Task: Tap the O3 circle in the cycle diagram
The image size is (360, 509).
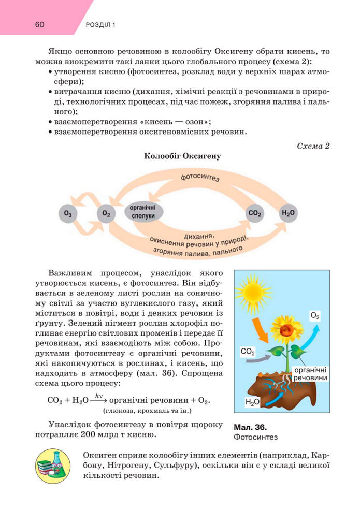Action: tap(68, 213)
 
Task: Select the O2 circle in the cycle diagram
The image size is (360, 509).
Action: tap(106, 213)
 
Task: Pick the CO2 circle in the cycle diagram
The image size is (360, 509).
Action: tap(255, 213)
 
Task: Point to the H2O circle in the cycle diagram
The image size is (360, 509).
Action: tap(288, 213)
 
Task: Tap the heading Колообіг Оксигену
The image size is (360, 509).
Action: tap(182, 156)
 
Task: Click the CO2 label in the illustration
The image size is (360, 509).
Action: tap(248, 352)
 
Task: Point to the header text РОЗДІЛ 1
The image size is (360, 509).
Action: tap(100, 25)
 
